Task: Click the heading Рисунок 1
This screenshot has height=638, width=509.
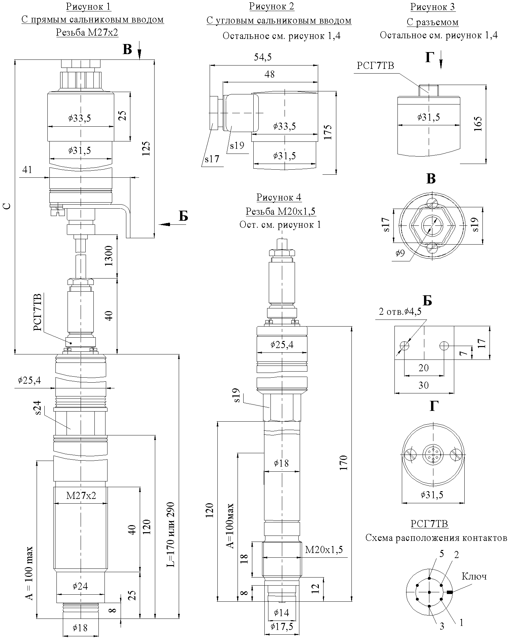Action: pyautogui.click(x=89, y=7)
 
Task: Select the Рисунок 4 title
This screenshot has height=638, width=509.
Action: pyautogui.click(x=279, y=197)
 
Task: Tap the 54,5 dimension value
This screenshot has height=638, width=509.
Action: pyautogui.click(x=263, y=57)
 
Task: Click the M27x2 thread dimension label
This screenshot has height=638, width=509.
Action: pyautogui.click(x=81, y=496)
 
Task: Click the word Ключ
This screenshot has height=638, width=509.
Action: pyautogui.click(x=474, y=577)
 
